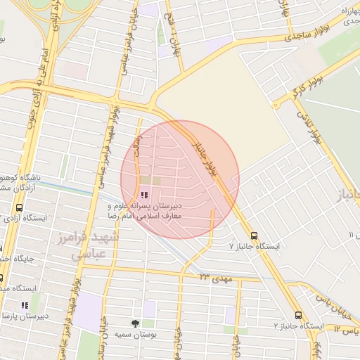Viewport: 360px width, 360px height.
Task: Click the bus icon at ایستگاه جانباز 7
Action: tap(254, 236)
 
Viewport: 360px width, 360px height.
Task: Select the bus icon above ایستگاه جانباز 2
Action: tap(298, 316)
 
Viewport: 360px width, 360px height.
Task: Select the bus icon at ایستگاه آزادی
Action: tap(19, 208)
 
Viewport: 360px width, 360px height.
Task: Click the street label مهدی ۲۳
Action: tap(215, 279)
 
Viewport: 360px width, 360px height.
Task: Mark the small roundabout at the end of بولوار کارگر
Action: tap(277, 104)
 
